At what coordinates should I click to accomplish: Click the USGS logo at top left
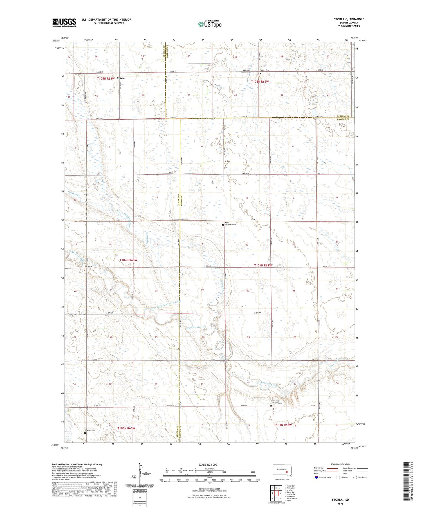coord(64,23)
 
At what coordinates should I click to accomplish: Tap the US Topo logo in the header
coord(210,24)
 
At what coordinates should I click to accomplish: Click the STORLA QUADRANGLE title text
coord(349,19)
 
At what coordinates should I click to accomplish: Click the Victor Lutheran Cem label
coord(230,224)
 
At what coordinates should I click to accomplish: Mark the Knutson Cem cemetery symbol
coord(85,433)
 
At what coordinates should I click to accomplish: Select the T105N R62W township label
coord(260,82)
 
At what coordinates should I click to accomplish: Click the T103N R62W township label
coord(283,425)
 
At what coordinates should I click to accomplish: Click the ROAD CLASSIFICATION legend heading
coord(340,464)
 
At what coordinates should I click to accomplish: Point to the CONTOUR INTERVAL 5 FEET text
coord(209,489)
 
